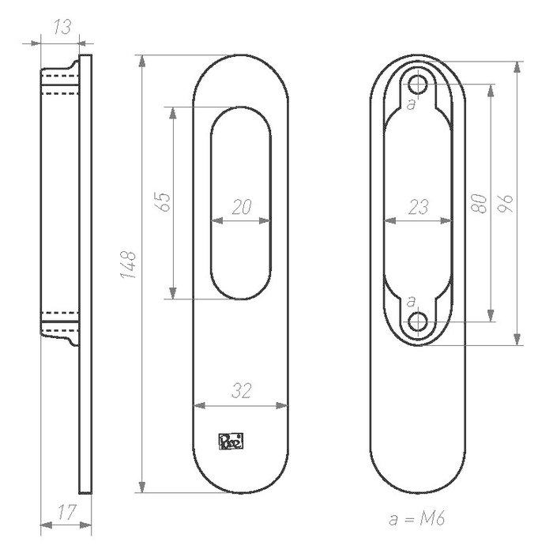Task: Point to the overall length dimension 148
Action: pos(130,265)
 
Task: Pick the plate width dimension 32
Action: pos(241,389)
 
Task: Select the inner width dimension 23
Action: pos(418,207)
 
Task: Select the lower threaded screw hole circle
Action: pos(419,321)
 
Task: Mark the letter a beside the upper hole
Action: pos(409,103)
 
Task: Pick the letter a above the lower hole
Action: pos(409,301)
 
